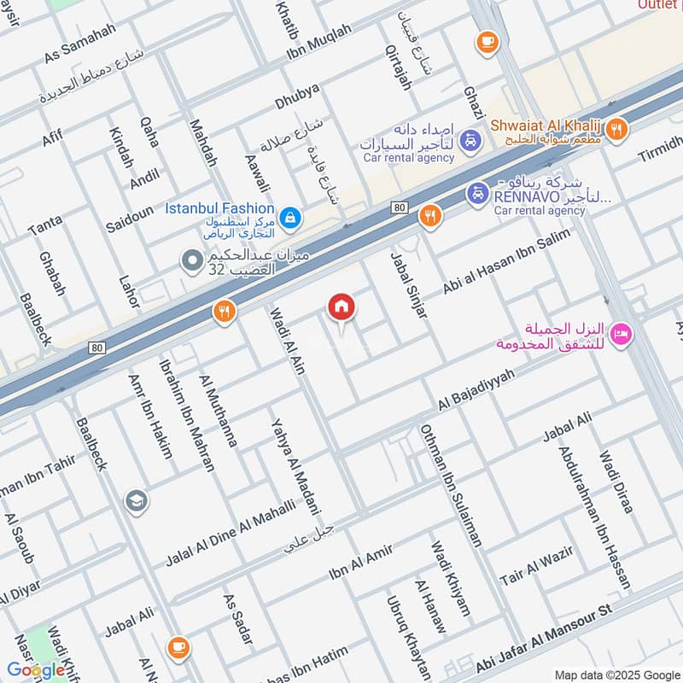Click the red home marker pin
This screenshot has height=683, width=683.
pyautogui.click(x=341, y=307)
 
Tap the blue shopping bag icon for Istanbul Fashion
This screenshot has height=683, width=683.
pyautogui.click(x=292, y=219)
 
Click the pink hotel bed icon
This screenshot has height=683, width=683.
pyautogui.click(x=622, y=335)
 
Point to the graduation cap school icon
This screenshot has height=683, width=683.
pyautogui.click(x=135, y=501)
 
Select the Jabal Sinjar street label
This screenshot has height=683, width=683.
pyautogui.click(x=409, y=286)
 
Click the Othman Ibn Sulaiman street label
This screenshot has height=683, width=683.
pyautogui.click(x=450, y=486)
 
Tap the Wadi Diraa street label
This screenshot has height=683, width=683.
pyautogui.click(x=616, y=482)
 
